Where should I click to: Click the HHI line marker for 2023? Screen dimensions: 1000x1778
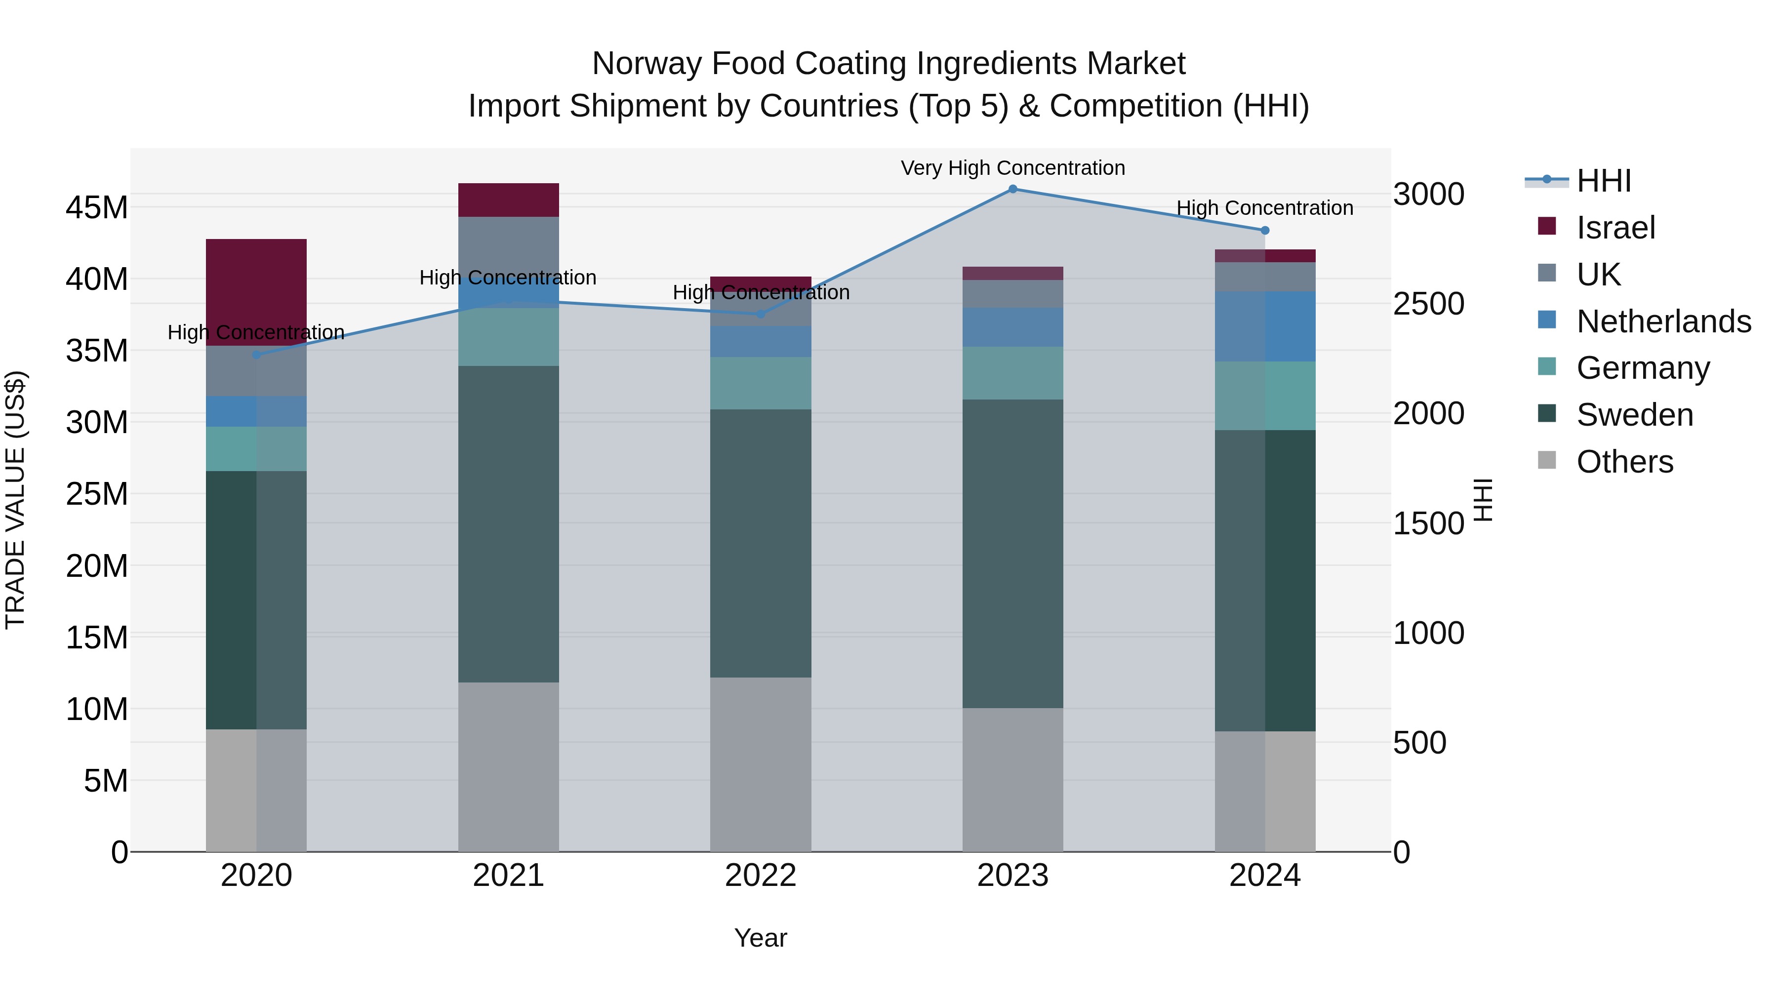pyautogui.click(x=1012, y=189)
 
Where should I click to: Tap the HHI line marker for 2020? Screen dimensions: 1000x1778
pyautogui.click(x=256, y=355)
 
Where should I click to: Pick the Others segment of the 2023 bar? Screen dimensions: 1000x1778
pyautogui.click(x=1012, y=779)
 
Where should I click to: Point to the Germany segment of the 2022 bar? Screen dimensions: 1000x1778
pyautogui.click(x=761, y=383)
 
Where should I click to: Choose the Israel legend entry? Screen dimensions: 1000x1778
pyautogui.click(x=1615, y=228)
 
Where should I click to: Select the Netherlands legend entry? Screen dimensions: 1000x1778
pyautogui.click(x=1663, y=321)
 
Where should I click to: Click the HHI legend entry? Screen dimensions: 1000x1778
pyautogui.click(x=1603, y=181)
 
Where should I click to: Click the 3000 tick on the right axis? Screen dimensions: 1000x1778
pyautogui.click(x=1428, y=194)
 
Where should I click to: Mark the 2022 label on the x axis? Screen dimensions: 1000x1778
pyautogui.click(x=761, y=876)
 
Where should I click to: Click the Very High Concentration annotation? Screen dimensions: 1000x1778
pyautogui.click(x=1012, y=168)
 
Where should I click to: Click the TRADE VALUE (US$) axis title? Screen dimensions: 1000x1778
pyautogui.click(x=15, y=500)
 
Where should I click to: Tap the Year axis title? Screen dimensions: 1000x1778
pyautogui.click(x=761, y=938)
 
